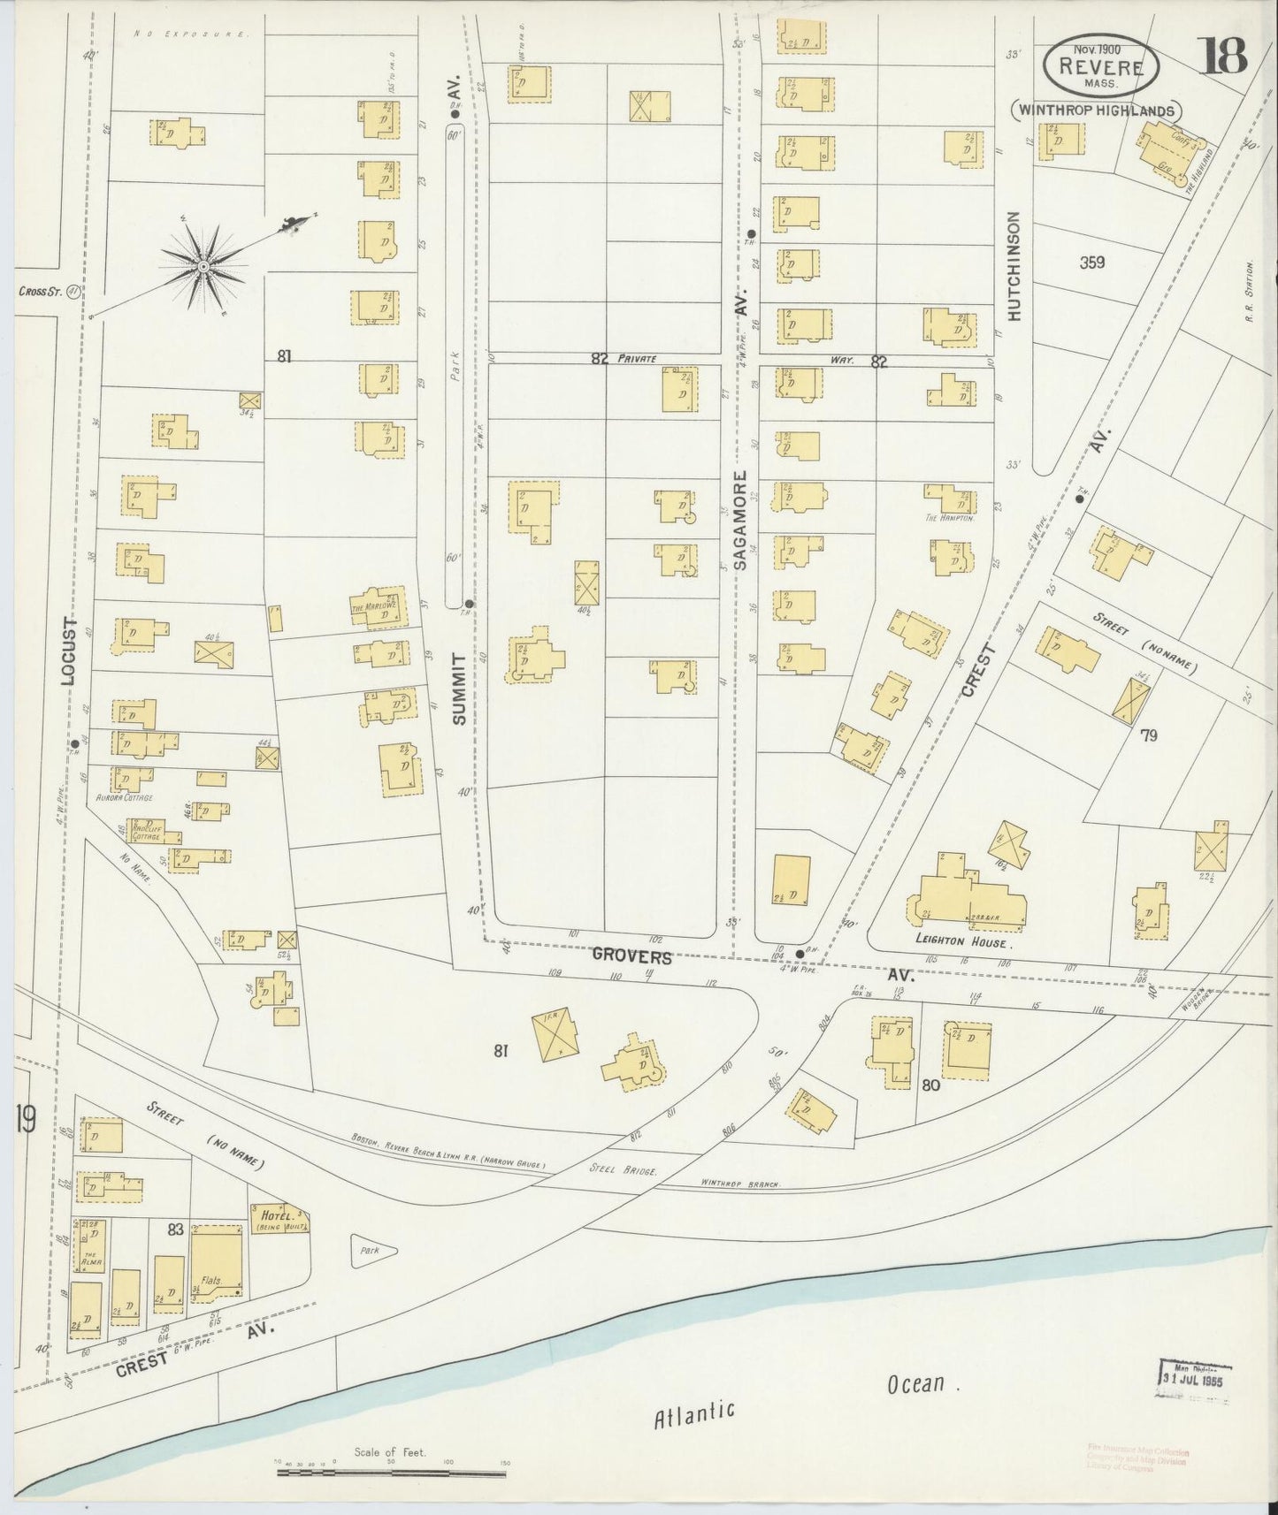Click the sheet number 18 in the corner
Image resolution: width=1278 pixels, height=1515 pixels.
pyautogui.click(x=1223, y=56)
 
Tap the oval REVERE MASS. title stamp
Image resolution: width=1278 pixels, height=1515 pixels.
pyautogui.click(x=1099, y=68)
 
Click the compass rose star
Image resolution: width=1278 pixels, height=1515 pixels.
pyautogui.click(x=203, y=265)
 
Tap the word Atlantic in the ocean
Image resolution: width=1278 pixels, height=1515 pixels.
pyautogui.click(x=694, y=1412)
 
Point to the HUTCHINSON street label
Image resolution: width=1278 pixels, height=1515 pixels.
pyautogui.click(x=1014, y=266)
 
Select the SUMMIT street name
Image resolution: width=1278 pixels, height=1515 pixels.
pyautogui.click(x=458, y=689)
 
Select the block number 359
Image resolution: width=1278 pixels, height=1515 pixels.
pyautogui.click(x=1091, y=263)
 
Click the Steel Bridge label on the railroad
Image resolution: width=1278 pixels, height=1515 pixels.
pyautogui.click(x=624, y=1169)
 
